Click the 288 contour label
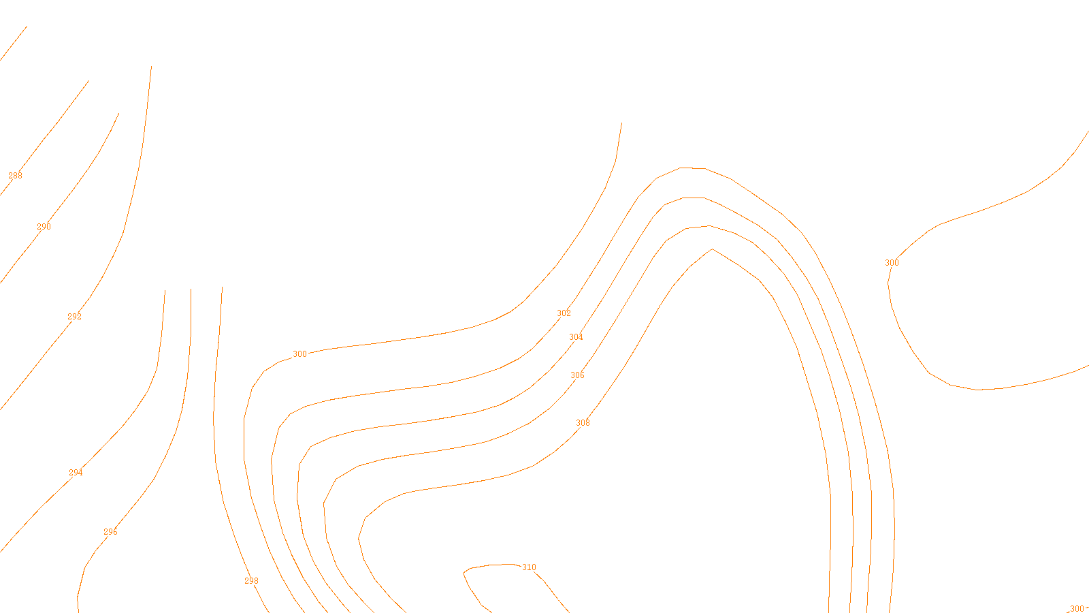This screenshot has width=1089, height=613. (x=15, y=176)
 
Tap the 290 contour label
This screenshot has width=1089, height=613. (x=44, y=227)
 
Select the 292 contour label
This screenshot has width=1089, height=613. (x=74, y=317)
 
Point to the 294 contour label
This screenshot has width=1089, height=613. (x=76, y=473)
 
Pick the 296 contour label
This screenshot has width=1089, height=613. (x=110, y=532)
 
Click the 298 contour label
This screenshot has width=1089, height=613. (x=251, y=581)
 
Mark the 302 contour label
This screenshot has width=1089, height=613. (x=564, y=313)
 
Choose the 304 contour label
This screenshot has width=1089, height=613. (x=576, y=337)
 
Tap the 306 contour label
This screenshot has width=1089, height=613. (x=577, y=375)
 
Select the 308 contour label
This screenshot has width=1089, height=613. (x=583, y=423)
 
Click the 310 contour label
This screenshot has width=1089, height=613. (x=529, y=567)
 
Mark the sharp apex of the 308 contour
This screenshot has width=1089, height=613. (x=713, y=249)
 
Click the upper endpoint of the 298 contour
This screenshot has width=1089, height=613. (x=222, y=287)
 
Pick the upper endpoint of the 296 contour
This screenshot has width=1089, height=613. (x=191, y=289)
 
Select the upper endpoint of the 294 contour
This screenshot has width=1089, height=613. (x=165, y=290)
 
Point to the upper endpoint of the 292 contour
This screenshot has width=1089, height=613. (x=151, y=66)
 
